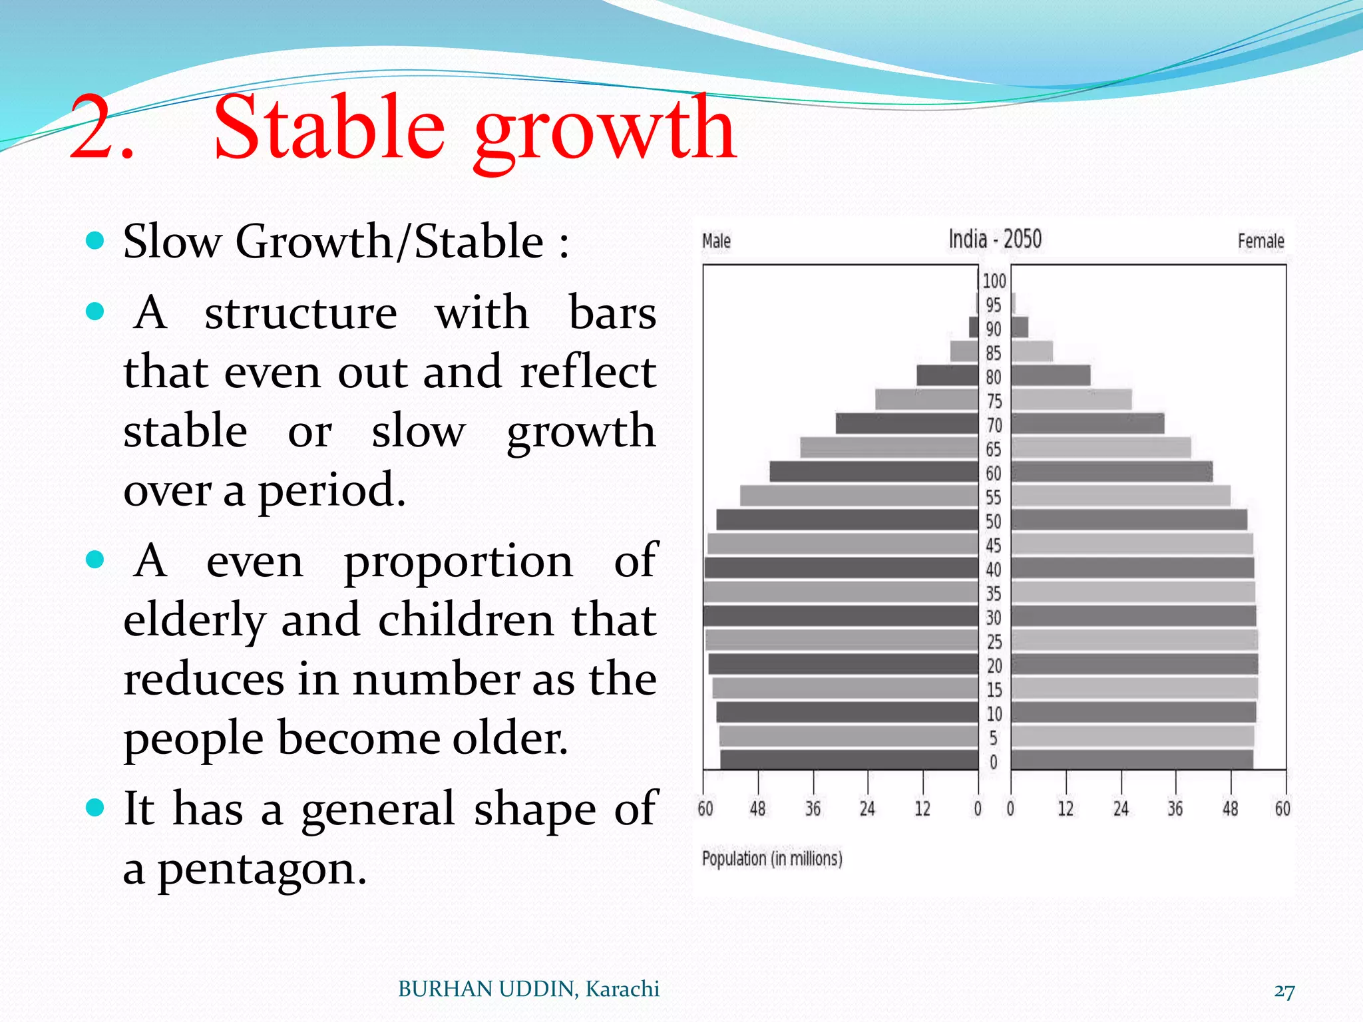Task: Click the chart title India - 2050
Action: tap(994, 239)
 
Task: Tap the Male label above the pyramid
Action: tap(716, 241)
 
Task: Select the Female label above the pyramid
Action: tap(1260, 241)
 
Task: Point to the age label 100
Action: tap(994, 281)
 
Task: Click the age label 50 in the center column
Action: tap(993, 522)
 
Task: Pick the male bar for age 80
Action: tap(947, 376)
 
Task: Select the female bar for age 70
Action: tap(1087, 424)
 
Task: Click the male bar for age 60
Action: tap(874, 472)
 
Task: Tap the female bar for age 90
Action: tap(1020, 327)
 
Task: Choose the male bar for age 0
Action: tap(849, 760)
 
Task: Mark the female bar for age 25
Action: tap(1134, 641)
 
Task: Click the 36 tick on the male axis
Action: tap(813, 808)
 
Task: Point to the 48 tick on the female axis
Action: tap(1231, 808)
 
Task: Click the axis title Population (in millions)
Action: tap(772, 858)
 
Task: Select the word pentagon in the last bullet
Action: tap(262, 870)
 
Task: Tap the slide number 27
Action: tap(1284, 991)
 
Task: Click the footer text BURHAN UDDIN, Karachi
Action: tap(528, 989)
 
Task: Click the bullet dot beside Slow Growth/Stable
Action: tap(96, 240)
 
